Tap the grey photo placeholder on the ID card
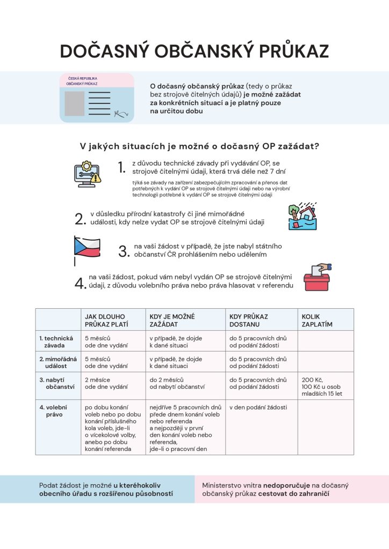75,103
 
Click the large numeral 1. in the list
121,167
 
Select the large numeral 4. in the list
80,283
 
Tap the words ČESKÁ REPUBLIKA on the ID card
82,78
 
